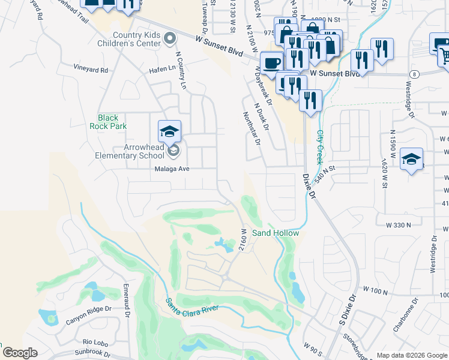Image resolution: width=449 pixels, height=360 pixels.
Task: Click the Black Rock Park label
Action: [x=108, y=122]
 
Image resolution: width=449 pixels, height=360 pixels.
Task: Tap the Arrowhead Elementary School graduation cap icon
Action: [x=170, y=131]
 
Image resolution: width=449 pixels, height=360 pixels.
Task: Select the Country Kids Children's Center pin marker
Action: [x=170, y=39]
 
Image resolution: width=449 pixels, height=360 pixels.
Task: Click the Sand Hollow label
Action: [x=275, y=233]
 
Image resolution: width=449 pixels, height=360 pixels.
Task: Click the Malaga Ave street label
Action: [x=169, y=169]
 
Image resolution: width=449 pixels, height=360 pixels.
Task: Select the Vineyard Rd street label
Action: [x=91, y=70]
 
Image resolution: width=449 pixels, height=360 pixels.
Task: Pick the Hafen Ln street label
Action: [x=161, y=70]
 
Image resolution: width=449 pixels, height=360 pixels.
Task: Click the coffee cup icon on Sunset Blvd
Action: [x=271, y=62]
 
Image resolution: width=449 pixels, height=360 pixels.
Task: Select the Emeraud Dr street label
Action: [x=127, y=299]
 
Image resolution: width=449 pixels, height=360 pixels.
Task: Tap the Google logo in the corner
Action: [x=20, y=353]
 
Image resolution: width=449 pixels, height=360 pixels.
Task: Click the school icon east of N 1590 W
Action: [x=411, y=159]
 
